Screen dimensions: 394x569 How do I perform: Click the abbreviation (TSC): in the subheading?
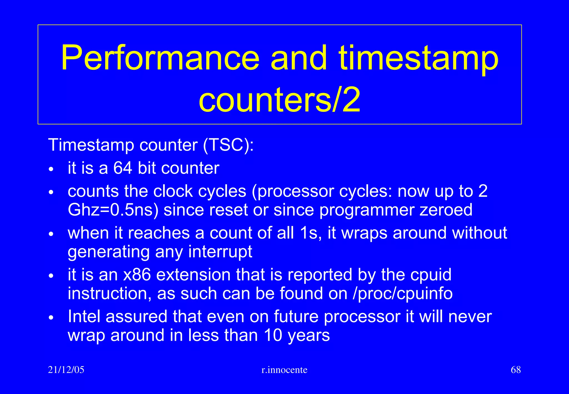[x=228, y=145]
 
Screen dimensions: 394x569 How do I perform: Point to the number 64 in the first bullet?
[x=123, y=168]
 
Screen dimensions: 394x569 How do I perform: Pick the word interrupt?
[x=220, y=252]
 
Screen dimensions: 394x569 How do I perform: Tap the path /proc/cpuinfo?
[x=402, y=294]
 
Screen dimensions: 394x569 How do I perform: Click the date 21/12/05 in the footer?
[x=66, y=370]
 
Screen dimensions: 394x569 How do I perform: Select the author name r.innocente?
[x=284, y=370]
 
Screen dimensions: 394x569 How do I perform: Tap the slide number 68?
[x=516, y=370]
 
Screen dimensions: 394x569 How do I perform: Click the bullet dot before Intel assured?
[x=51, y=318]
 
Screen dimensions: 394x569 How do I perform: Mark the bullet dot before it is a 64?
[x=51, y=169]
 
